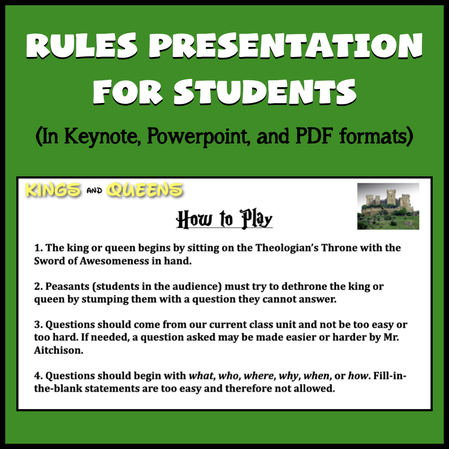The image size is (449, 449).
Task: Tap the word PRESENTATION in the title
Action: coord(285,46)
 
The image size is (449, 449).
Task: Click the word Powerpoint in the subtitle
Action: coord(198,136)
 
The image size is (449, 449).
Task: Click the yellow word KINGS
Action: coord(53,190)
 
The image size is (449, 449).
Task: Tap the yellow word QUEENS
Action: coord(145,190)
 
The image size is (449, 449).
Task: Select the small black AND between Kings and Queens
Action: coord(94,191)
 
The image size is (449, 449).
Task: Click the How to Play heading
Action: coord(224,220)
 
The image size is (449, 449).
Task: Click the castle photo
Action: coord(388,206)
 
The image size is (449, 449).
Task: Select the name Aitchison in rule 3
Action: coord(59,350)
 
